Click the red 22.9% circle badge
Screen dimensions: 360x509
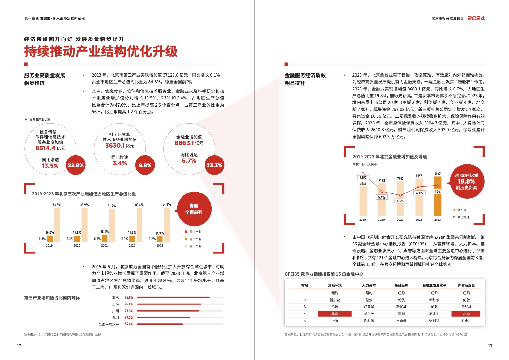[x=75, y=165]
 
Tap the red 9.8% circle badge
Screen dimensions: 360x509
[x=145, y=165]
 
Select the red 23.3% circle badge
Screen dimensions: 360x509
[x=214, y=165]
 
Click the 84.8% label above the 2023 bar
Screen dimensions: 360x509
[x=166, y=204]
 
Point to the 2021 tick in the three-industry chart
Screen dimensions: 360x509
[x=105, y=246]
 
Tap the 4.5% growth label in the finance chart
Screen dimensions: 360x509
[x=400, y=201]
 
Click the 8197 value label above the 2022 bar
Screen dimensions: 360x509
[x=419, y=176]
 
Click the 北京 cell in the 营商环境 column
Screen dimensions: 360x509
[x=335, y=314]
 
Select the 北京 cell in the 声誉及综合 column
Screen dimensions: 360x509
[x=466, y=314]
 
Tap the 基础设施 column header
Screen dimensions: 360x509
[x=401, y=285]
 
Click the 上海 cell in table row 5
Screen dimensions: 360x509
[x=335, y=321]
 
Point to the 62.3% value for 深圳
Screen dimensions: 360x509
[x=129, y=318]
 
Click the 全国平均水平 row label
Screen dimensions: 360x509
[x=109, y=324]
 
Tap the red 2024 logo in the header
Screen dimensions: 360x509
[x=476, y=18]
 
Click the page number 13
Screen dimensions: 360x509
[x=490, y=346]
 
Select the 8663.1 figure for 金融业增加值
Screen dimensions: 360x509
[x=184, y=143]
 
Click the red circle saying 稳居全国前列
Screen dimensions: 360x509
[x=194, y=209]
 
